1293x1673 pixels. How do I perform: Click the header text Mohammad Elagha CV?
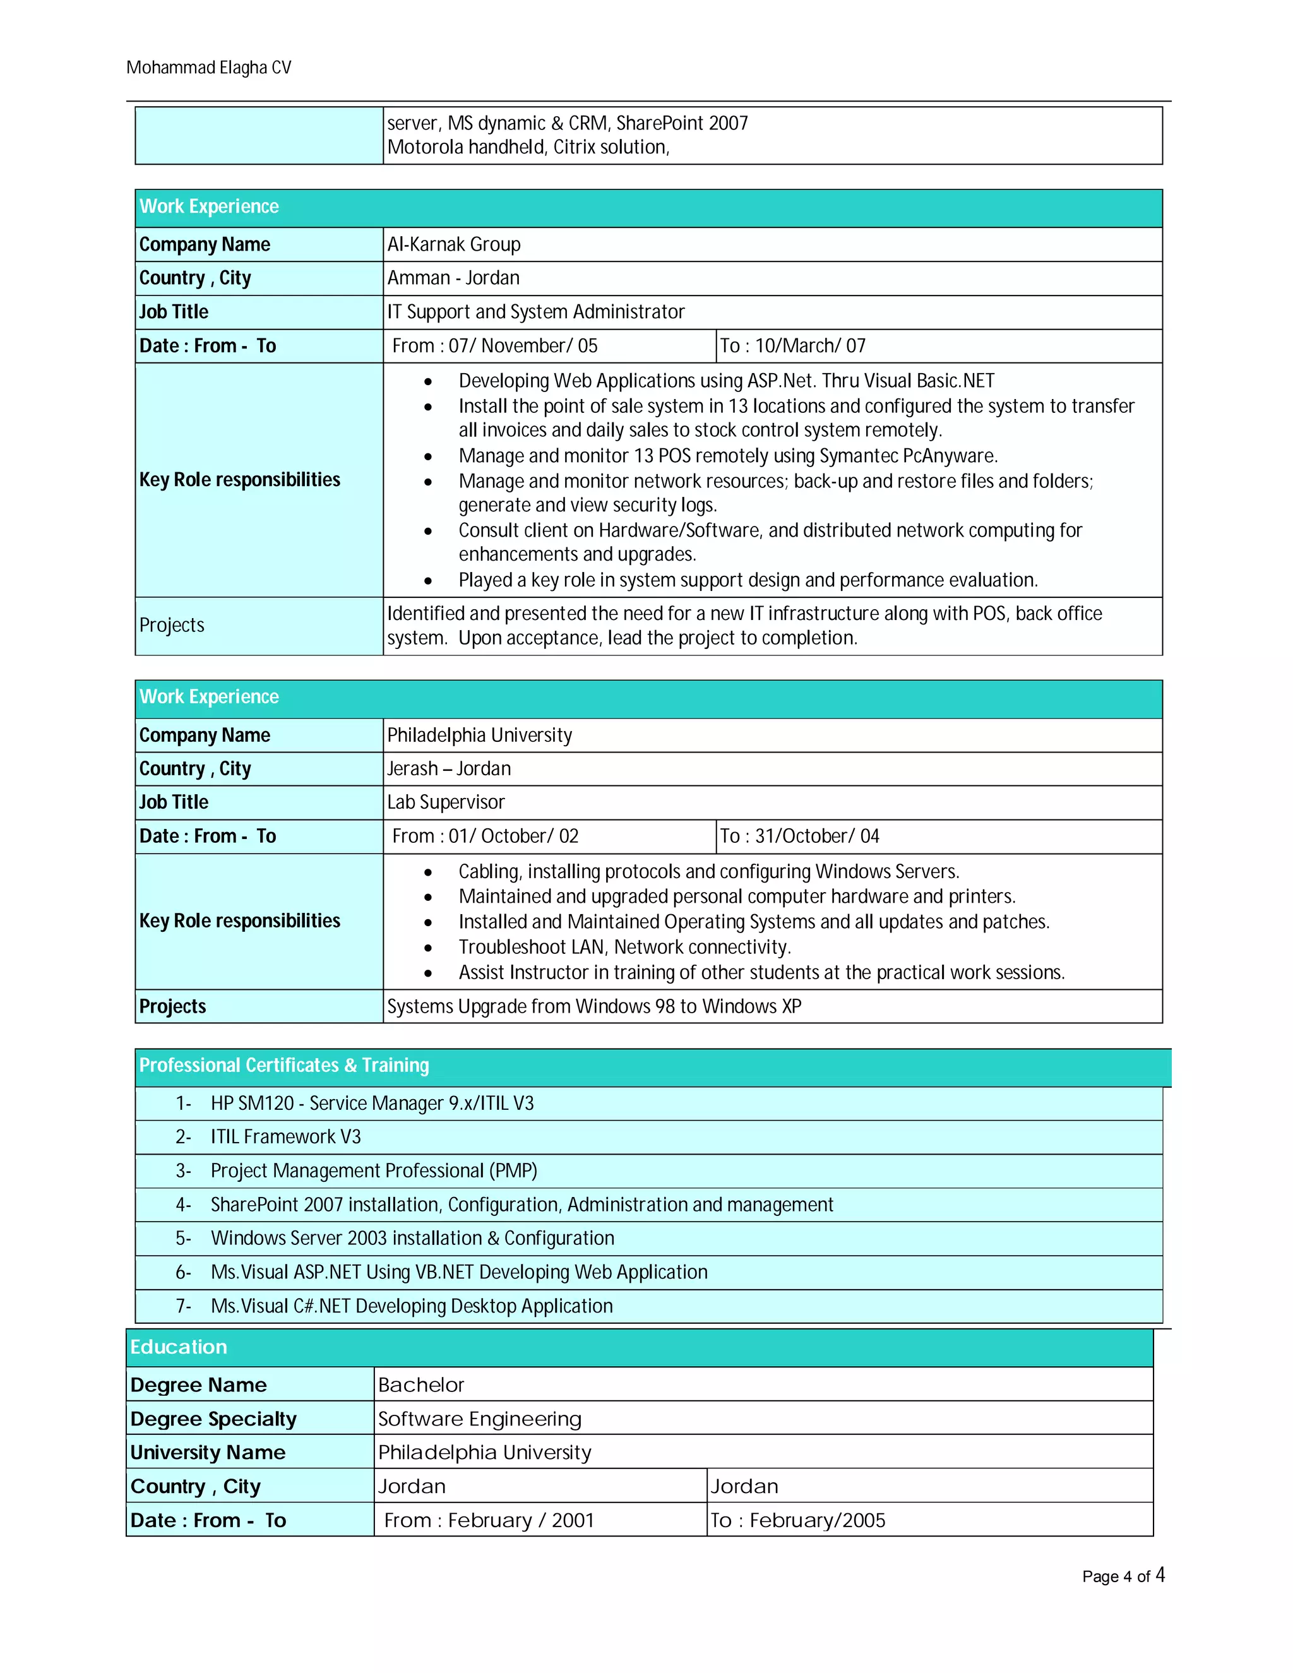208,68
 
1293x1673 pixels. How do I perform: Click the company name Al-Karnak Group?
453,244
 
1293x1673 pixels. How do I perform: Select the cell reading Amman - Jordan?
453,278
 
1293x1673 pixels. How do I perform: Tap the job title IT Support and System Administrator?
535,312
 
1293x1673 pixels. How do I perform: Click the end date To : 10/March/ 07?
792,345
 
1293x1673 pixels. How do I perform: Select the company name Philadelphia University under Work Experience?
480,735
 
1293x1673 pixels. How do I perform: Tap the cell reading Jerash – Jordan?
449,768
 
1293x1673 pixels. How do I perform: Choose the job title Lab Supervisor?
446,802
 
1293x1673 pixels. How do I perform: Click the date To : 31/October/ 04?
799,836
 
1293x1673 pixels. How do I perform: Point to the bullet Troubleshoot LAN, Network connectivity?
624,948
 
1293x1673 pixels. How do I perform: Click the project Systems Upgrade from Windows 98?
593,1006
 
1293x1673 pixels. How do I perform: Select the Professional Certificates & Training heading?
284,1066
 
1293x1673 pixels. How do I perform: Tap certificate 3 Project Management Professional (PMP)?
374,1170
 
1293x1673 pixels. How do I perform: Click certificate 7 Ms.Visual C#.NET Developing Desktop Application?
412,1306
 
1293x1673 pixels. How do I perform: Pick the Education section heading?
179,1347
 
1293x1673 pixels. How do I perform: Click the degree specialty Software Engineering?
480,1419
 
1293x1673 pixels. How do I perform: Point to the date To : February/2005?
797,1521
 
